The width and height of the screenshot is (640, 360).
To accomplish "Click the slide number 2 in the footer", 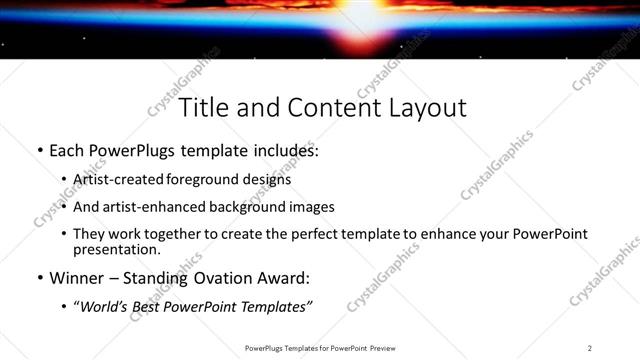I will (590, 347).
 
